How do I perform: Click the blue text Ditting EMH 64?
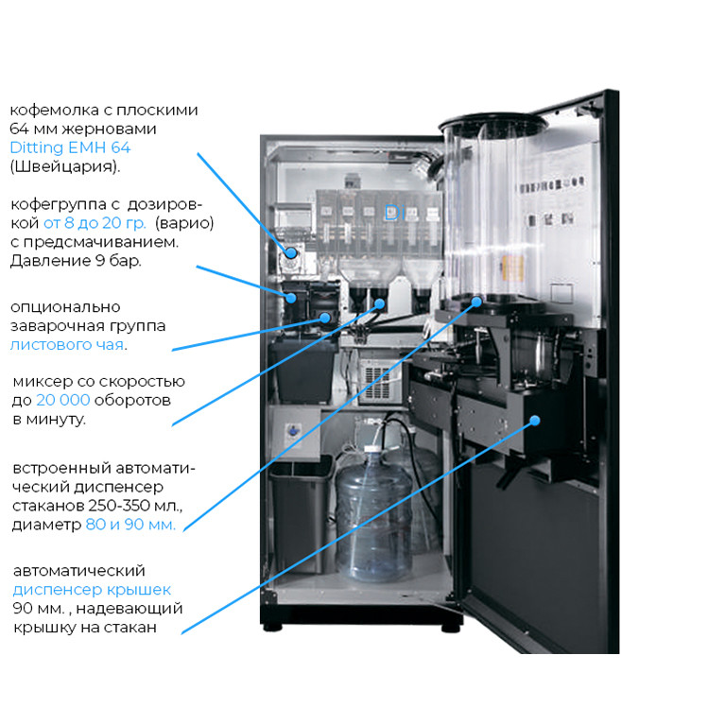[70, 147]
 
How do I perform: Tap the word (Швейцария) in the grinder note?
[64, 166]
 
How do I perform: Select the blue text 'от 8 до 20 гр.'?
[95, 223]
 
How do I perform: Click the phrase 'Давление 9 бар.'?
[76, 261]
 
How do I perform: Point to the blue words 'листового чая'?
[67, 345]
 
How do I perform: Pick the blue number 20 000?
[63, 400]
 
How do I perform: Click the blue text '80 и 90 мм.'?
[130, 525]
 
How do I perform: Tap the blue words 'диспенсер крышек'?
[92, 590]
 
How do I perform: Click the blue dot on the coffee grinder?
[291, 253]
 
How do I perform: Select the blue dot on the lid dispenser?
[535, 421]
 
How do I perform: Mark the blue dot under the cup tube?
[476, 302]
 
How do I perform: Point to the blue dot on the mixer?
[380, 303]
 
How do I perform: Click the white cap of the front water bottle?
[371, 449]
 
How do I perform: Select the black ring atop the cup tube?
[492, 124]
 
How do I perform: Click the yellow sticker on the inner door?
[512, 268]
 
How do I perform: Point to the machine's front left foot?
[272, 628]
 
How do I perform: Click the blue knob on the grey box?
[293, 431]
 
